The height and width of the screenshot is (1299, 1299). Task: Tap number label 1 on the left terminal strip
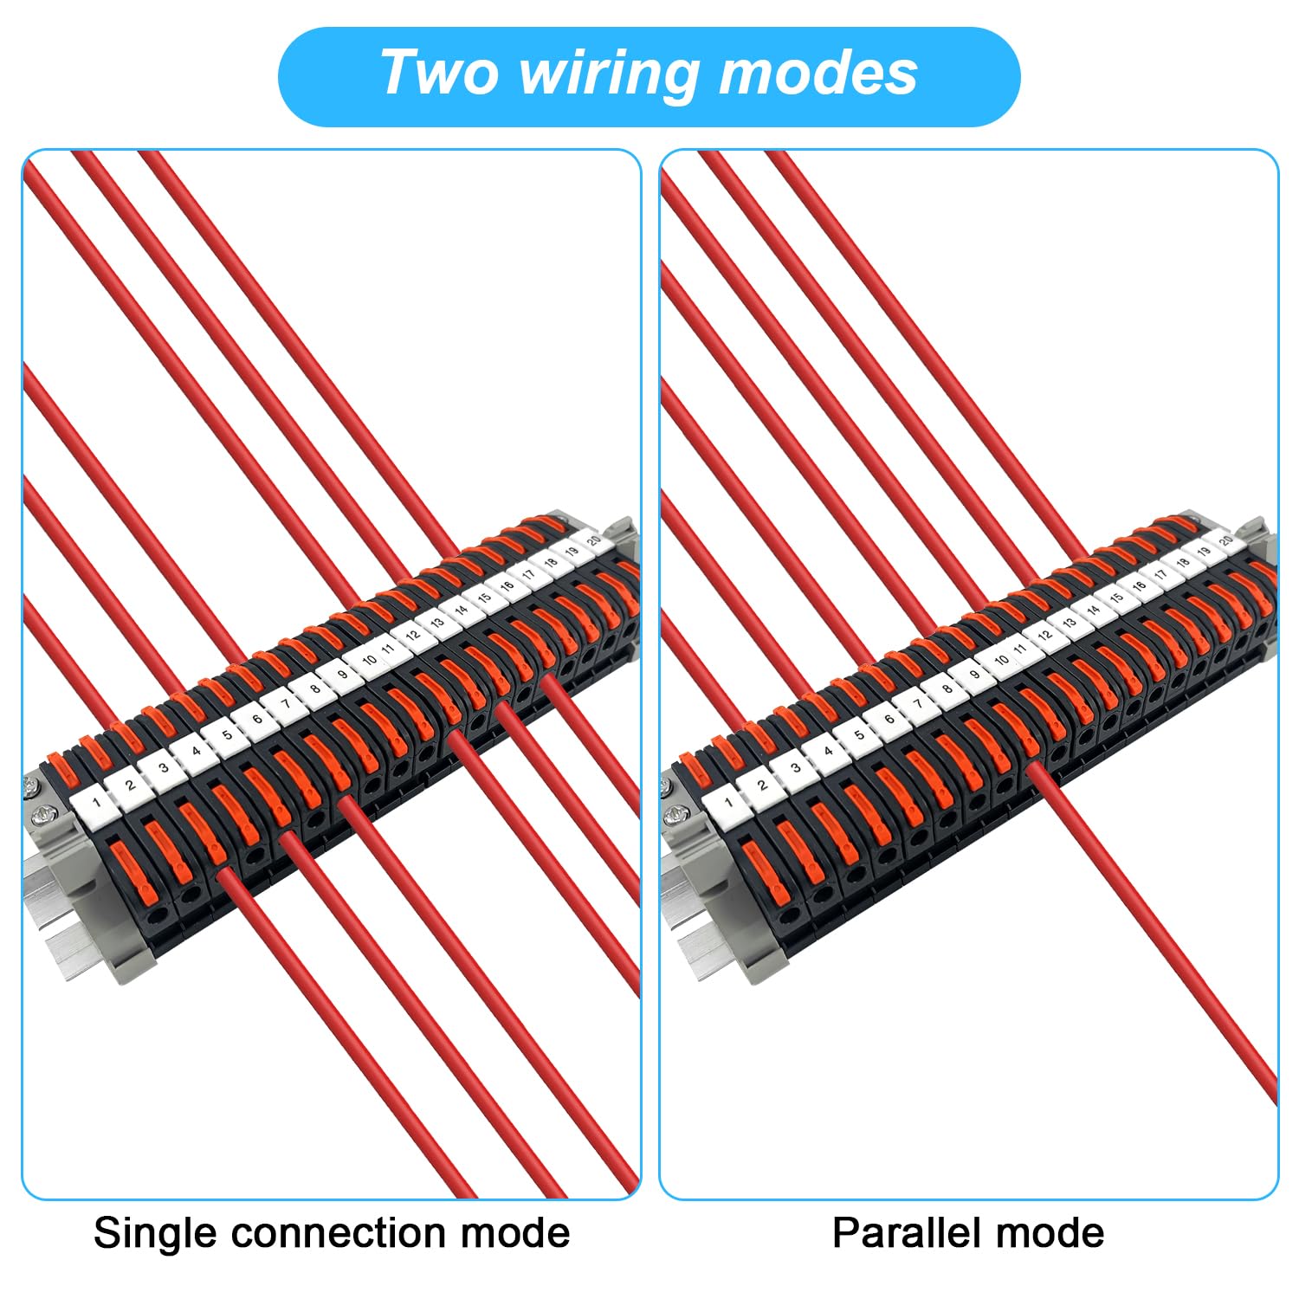pyautogui.click(x=97, y=802)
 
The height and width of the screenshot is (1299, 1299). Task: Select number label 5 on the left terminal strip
pyautogui.click(x=227, y=735)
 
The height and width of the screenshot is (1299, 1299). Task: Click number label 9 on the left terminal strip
pyautogui.click(x=343, y=675)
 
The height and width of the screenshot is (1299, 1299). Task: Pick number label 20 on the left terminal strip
pyautogui.click(x=593, y=540)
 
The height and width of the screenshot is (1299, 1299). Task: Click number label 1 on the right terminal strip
pyautogui.click(x=728, y=802)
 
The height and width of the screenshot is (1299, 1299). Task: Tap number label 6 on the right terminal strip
pyautogui.click(x=889, y=719)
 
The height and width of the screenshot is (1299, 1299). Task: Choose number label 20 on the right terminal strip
pyautogui.click(x=1225, y=540)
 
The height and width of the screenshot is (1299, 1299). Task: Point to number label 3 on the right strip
pyautogui.click(x=795, y=767)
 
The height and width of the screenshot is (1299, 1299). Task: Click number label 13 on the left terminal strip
pyautogui.click(x=436, y=623)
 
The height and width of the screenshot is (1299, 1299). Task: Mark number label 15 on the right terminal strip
pyautogui.click(x=1116, y=598)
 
